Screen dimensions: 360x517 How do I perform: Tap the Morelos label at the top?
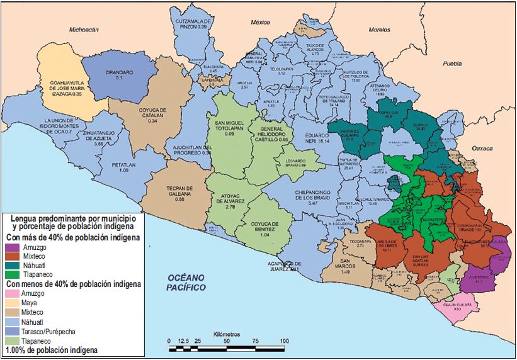coord(380,30)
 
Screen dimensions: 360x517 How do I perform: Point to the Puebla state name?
coord(452,64)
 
